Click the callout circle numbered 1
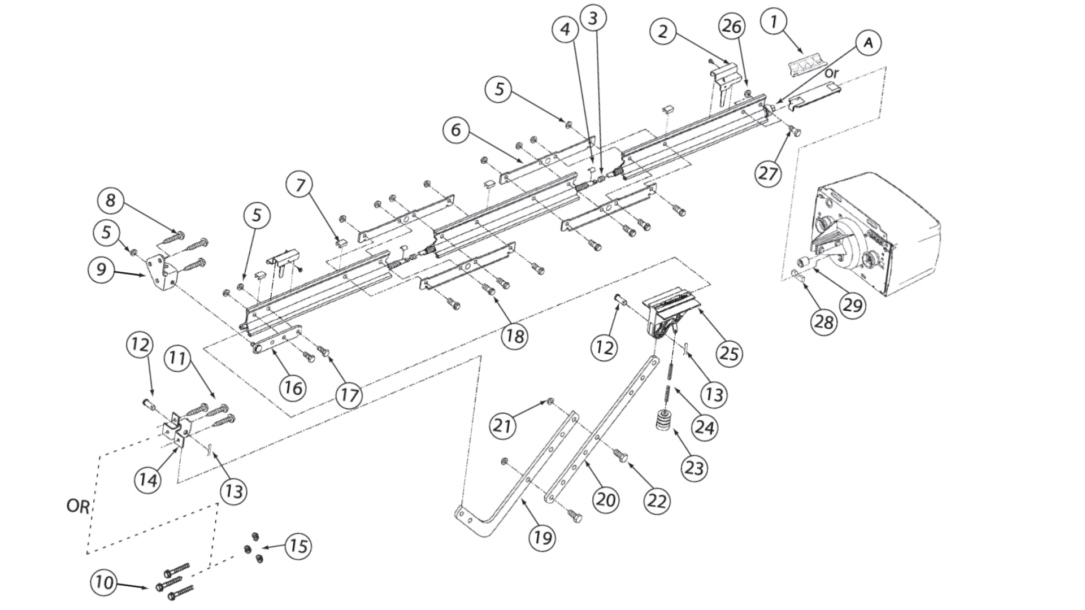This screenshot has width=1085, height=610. (x=774, y=22)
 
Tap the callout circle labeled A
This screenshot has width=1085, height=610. (x=869, y=42)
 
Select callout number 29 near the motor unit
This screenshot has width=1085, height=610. (x=852, y=305)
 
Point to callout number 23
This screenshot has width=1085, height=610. (x=694, y=468)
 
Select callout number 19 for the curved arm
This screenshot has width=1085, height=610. (x=542, y=537)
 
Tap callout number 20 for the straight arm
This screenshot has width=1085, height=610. (x=606, y=499)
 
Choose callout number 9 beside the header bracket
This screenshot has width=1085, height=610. (x=102, y=269)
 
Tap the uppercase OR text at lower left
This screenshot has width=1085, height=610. (x=78, y=506)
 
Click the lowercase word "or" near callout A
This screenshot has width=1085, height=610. (x=831, y=73)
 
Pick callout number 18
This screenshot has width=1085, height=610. (x=515, y=335)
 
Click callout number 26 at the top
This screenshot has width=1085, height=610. (x=732, y=27)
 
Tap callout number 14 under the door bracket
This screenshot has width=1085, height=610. (x=148, y=480)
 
